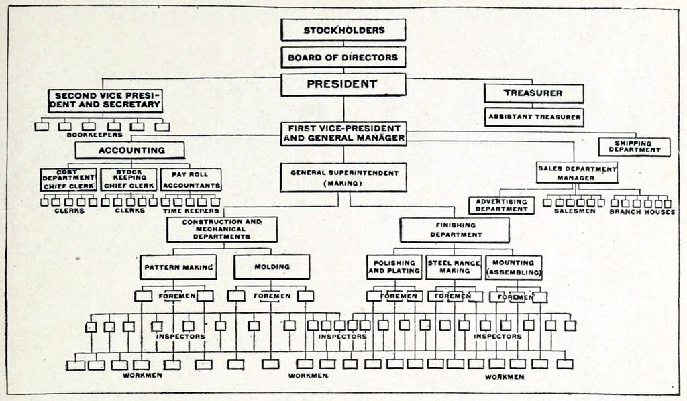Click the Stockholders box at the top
click(343, 30)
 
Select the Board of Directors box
click(343, 58)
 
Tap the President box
click(343, 84)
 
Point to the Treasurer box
click(533, 93)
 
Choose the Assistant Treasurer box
click(534, 117)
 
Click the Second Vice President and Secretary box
click(105, 101)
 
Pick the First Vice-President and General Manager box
click(343, 133)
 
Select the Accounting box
click(129, 150)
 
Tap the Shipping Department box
click(635, 147)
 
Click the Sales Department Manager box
click(577, 173)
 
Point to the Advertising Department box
click(502, 205)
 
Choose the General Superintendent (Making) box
click(343, 178)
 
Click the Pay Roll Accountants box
click(191, 180)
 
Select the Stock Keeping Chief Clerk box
click(129, 180)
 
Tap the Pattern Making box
click(178, 267)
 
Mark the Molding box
click(272, 267)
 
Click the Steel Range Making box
click(454, 268)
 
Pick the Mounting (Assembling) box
click(513, 268)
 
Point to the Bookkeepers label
click(95, 135)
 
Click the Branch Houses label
click(642, 212)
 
